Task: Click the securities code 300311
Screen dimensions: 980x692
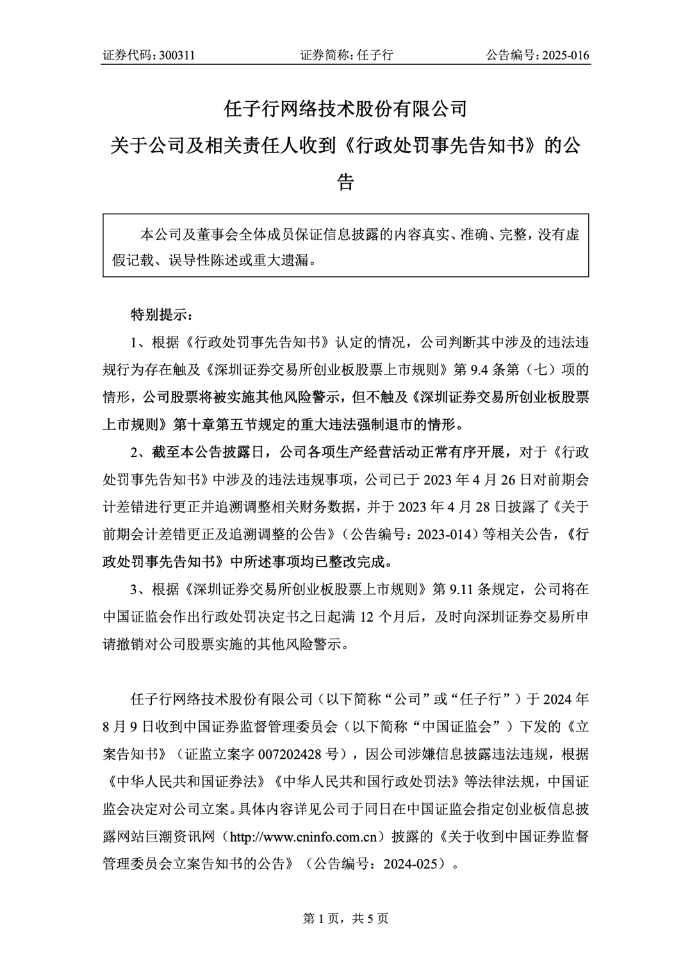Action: point(176,56)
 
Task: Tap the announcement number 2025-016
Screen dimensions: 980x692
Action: point(565,56)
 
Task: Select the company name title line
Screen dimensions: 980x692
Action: point(345,109)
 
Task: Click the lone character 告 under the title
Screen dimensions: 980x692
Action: point(345,183)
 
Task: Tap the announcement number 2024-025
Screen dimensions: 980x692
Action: point(414,863)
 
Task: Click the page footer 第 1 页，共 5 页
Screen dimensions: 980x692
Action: point(345,919)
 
